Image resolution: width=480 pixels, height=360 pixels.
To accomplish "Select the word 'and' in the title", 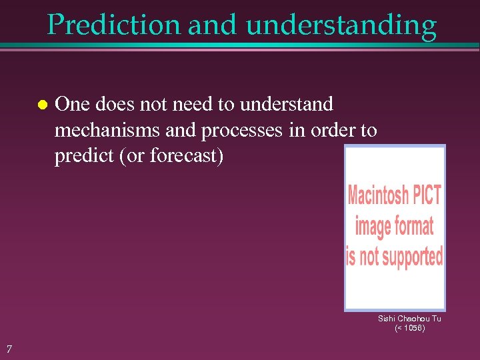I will pyautogui.click(x=212, y=25).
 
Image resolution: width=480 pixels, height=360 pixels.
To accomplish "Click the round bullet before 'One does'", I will pyautogui.click(x=41, y=105).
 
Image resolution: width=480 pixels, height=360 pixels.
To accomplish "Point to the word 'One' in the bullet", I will pyautogui.click(x=71, y=104).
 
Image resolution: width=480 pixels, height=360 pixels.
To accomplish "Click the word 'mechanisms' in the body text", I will pyautogui.click(x=107, y=130).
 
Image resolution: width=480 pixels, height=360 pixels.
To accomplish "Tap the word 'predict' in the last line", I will pyautogui.click(x=79, y=156).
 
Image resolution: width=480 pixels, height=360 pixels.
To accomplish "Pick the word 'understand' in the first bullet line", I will pyautogui.click(x=286, y=104).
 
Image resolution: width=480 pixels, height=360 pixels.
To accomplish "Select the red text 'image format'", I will pyautogui.click(x=394, y=226).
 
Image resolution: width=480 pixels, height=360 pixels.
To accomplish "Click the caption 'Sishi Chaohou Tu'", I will pyautogui.click(x=409, y=319).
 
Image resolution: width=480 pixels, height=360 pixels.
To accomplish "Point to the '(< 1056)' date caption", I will pyautogui.click(x=409, y=328).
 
